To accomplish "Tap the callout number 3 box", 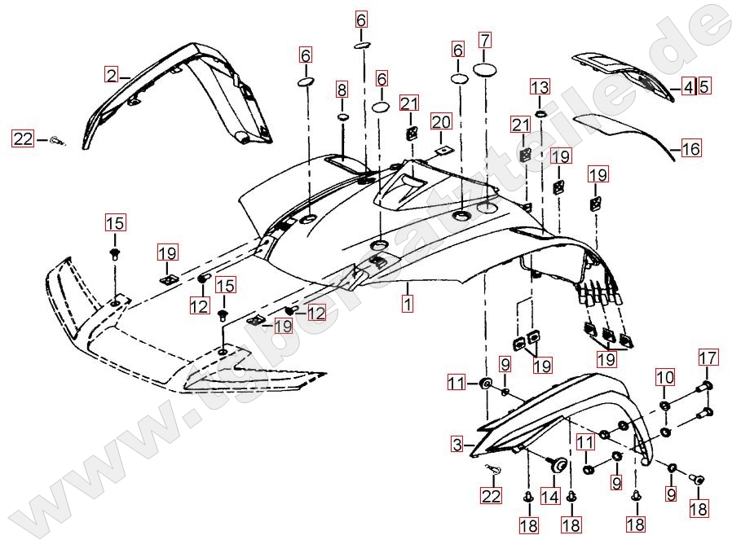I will (x=457, y=445).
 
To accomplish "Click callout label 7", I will (x=485, y=40).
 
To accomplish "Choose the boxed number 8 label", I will (x=342, y=88).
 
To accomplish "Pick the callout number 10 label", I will (x=665, y=377).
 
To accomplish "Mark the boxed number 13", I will (x=540, y=86).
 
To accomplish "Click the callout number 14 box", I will (x=550, y=496).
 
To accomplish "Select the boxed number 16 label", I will (x=691, y=149).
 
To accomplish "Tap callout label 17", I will (x=708, y=357).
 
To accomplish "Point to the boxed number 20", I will (x=440, y=122).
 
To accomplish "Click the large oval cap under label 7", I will (x=486, y=70).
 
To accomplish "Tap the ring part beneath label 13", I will (x=540, y=112).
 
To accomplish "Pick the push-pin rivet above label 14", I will (x=558, y=466).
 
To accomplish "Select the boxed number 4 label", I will (x=687, y=85).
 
